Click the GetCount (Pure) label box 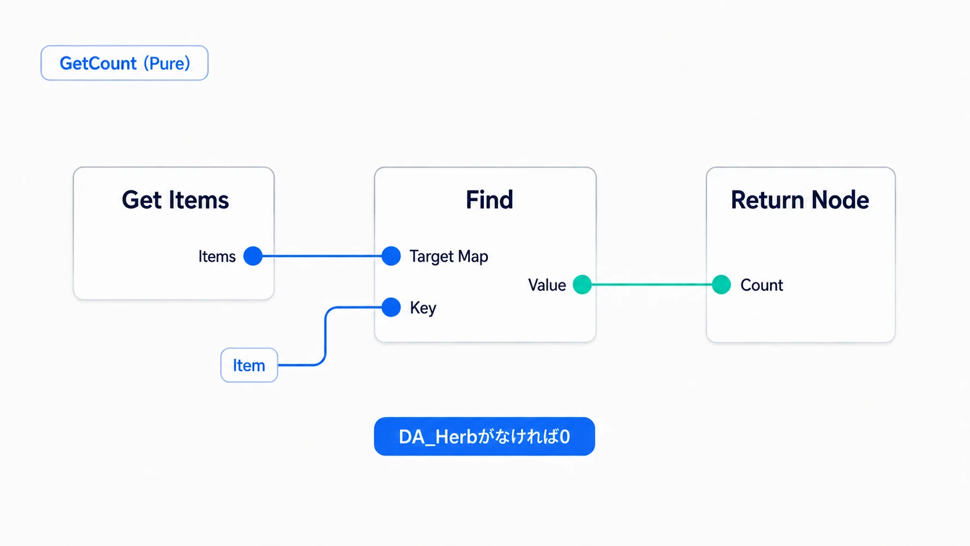pos(124,63)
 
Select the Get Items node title pos(175,200)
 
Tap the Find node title pos(489,200)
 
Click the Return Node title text pos(800,200)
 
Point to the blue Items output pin pos(253,256)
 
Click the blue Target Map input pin pos(391,256)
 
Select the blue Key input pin pos(391,308)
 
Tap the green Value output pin pos(582,284)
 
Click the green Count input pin pos(722,284)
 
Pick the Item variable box pos(249,365)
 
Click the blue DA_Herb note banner pos(484,436)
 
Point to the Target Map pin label pos(448,256)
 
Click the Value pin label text pos(547,285)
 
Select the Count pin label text pos(762,285)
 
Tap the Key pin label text pos(423,308)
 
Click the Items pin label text pos(217,256)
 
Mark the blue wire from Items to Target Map pos(322,256)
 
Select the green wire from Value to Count pos(652,284)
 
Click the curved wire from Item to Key pos(325,336)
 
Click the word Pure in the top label pos(167,63)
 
